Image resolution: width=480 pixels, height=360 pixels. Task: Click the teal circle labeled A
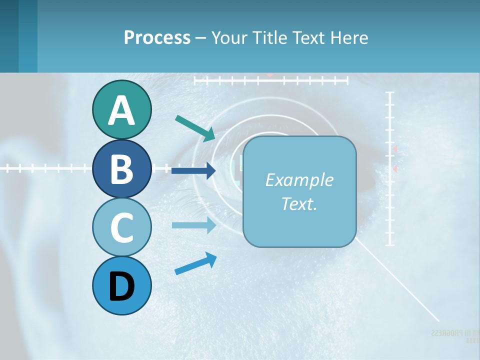pos(121,109)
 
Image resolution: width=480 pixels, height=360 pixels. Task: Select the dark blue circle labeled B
pos(121,168)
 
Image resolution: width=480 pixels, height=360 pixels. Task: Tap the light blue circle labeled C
pos(121,227)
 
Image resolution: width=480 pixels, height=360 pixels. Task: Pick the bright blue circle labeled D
pos(121,286)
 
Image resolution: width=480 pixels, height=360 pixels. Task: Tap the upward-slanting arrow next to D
pos(195,263)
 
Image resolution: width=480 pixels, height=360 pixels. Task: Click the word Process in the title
pos(157,37)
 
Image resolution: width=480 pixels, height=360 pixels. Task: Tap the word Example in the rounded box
pos(299,180)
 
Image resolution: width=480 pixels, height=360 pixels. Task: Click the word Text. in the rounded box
pos(299,203)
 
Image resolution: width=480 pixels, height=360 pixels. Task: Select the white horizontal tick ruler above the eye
pos(270,80)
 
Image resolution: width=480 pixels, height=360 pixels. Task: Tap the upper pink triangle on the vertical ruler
pos(395,149)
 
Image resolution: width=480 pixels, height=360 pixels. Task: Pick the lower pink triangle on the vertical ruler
pos(395,169)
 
